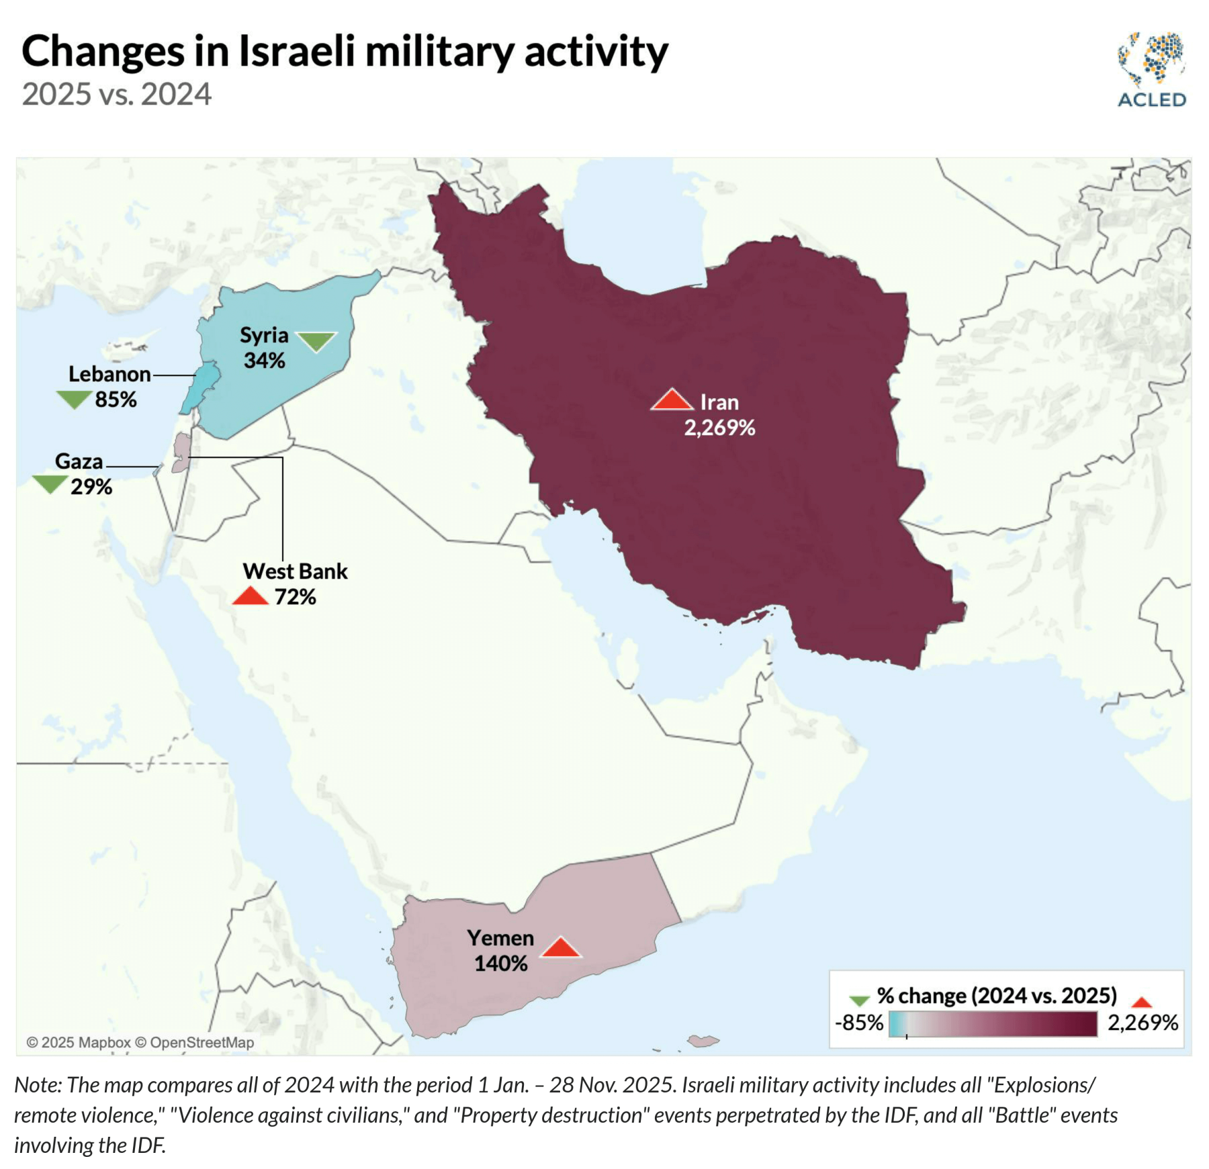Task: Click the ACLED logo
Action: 1151,70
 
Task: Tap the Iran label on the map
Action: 719,402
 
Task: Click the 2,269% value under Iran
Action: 719,428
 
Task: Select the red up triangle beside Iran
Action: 672,400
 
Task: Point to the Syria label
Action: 264,335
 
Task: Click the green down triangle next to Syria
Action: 316,341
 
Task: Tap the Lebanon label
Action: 109,374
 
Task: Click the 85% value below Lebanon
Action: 116,400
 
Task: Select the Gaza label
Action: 79,461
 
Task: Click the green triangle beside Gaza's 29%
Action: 50,483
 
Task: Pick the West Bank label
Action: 295,571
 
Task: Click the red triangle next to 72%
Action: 251,596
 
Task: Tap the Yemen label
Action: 500,938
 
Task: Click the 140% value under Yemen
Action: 500,964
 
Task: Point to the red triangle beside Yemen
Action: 561,948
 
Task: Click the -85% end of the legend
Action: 859,1023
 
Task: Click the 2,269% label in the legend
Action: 1143,1023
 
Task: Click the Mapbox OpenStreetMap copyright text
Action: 140,1042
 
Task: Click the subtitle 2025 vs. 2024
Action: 117,94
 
